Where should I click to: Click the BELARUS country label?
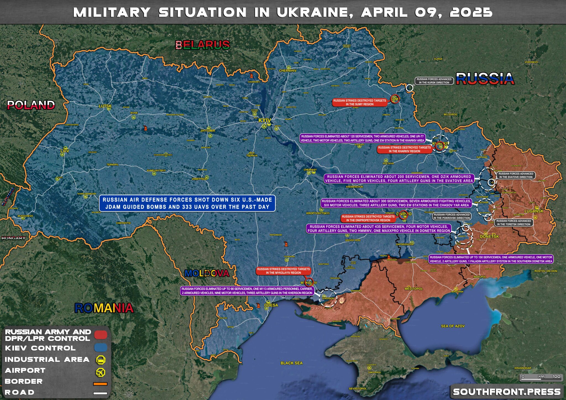[x=203, y=45]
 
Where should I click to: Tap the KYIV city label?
[x=264, y=120]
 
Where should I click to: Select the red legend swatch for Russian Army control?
[x=101, y=335]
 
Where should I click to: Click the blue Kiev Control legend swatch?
[x=101, y=348]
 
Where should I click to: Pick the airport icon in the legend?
[x=101, y=372]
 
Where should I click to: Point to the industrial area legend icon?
[x=101, y=360]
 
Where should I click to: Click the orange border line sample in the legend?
[x=100, y=384]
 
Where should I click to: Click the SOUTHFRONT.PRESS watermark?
[x=507, y=392]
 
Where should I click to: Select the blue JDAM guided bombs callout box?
[x=187, y=203]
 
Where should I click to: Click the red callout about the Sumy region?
[x=360, y=102]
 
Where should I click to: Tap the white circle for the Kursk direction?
[x=409, y=88]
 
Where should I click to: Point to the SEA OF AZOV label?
[x=453, y=326]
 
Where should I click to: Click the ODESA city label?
[x=271, y=305]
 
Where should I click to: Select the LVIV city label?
[x=65, y=151]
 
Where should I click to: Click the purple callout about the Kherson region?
[x=247, y=291]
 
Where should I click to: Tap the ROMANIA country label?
[x=104, y=308]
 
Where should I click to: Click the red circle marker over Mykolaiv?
[x=309, y=281]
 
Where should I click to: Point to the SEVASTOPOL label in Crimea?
[x=358, y=388]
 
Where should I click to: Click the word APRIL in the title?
[x=384, y=12]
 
